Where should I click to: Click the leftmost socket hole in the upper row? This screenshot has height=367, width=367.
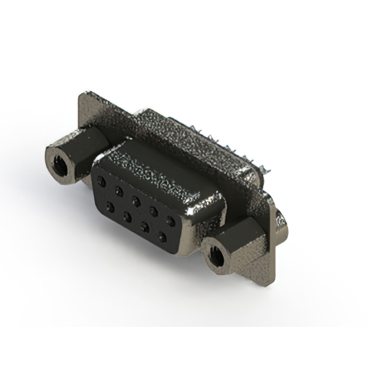tap(101, 181)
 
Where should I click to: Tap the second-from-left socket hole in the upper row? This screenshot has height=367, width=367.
tap(119, 190)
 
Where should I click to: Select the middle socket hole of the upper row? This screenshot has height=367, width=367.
tap(136, 201)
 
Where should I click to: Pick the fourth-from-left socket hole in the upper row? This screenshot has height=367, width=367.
tap(154, 210)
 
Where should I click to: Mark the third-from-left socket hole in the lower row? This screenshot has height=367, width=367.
tap(145, 227)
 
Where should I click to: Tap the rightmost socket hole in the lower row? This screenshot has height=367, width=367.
tap(162, 236)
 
